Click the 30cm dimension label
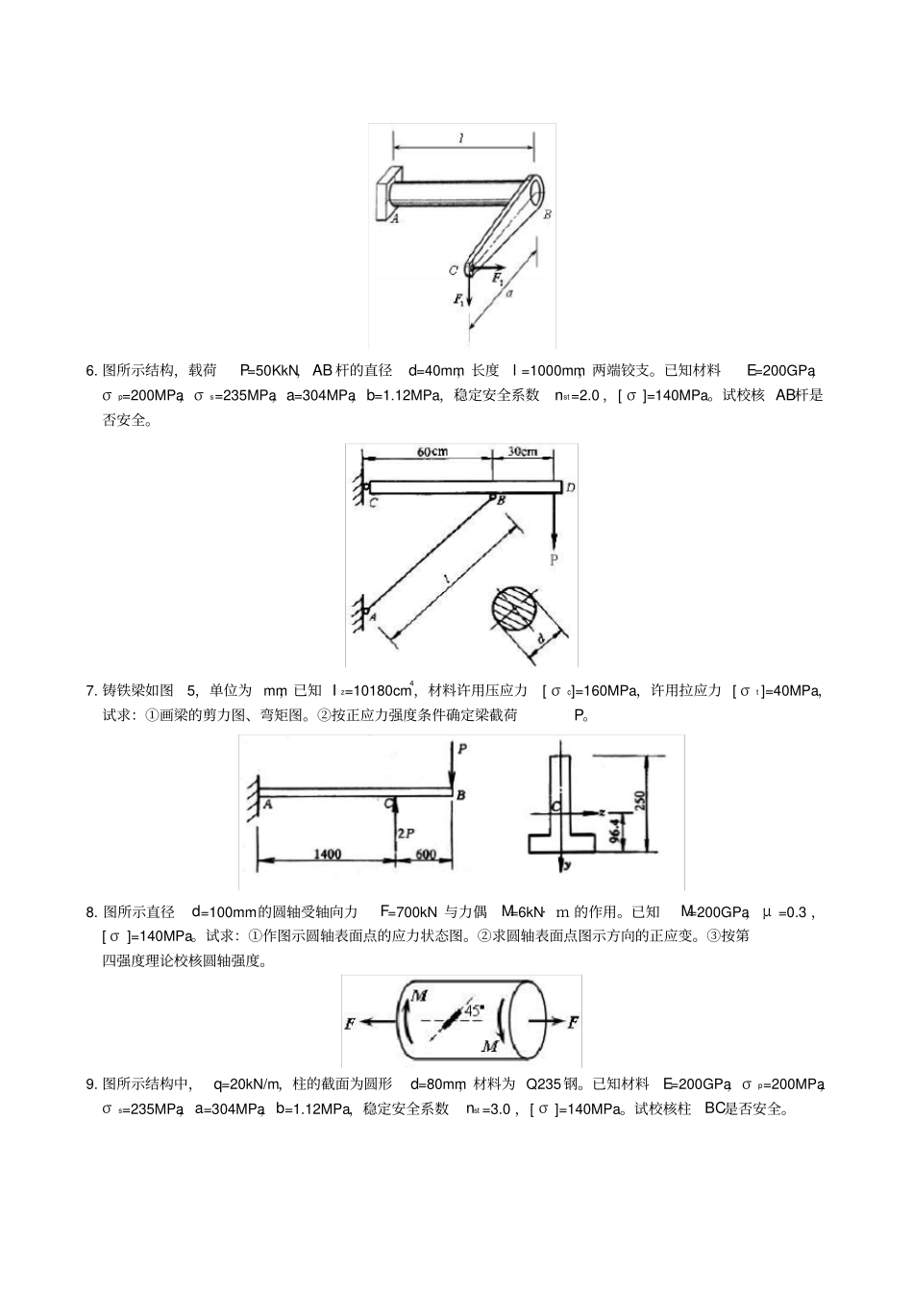(523, 452)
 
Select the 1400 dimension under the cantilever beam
(327, 854)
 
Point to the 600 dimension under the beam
(426, 854)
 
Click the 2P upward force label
(407, 833)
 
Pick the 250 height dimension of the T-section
(641, 800)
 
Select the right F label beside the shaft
(574, 1021)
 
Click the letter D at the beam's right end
(570, 488)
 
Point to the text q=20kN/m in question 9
(246, 1084)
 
